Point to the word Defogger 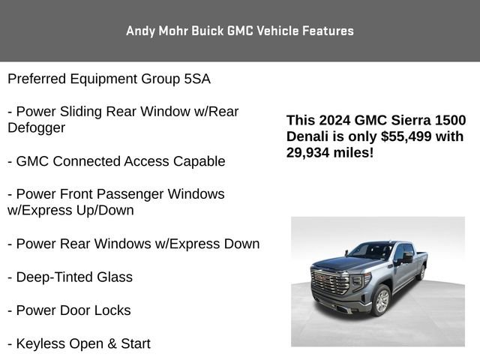coord(36,127)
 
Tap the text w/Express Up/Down coord(70,210)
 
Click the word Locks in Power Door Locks coord(114,310)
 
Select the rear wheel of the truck coord(421,272)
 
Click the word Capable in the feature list coord(199,161)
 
